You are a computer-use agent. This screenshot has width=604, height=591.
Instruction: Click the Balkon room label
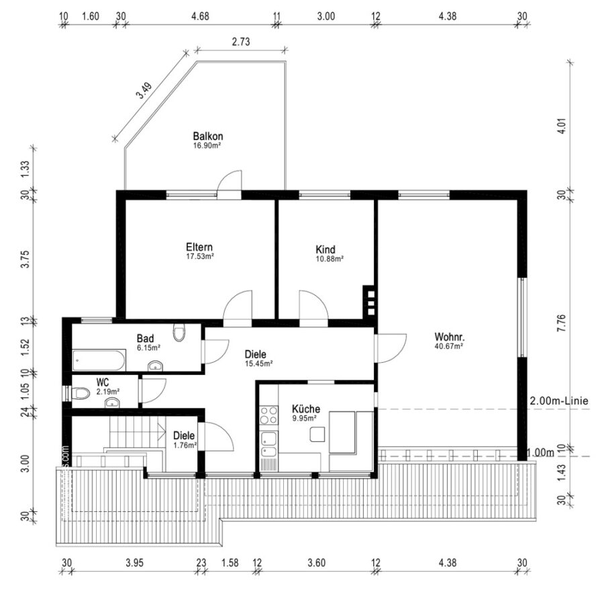208,136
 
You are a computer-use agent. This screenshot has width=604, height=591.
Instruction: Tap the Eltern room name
199,247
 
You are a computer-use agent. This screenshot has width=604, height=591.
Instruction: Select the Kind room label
325,249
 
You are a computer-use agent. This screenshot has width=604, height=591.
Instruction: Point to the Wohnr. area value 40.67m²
449,345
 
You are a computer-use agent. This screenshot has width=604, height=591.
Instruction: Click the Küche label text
306,409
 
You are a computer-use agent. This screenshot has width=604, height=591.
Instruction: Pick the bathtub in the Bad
99,360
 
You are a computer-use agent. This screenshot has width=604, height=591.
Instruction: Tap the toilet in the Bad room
179,332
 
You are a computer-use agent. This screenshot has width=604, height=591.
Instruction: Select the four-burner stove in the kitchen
269,415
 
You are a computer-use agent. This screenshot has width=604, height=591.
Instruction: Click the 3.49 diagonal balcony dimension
145,91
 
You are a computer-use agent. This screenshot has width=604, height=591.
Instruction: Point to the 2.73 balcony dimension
241,41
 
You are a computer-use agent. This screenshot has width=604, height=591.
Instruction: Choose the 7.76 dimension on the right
562,323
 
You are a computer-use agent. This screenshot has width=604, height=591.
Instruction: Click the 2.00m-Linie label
559,400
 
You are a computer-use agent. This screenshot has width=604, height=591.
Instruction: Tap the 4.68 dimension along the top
200,16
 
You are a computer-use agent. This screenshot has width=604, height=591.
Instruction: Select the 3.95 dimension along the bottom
134,563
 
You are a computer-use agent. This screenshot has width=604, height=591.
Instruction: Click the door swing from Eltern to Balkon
230,182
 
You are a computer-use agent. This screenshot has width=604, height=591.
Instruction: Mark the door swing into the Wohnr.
391,348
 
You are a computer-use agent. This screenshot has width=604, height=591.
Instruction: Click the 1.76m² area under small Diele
185,445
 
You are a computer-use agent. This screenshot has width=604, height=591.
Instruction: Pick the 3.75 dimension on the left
25,259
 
